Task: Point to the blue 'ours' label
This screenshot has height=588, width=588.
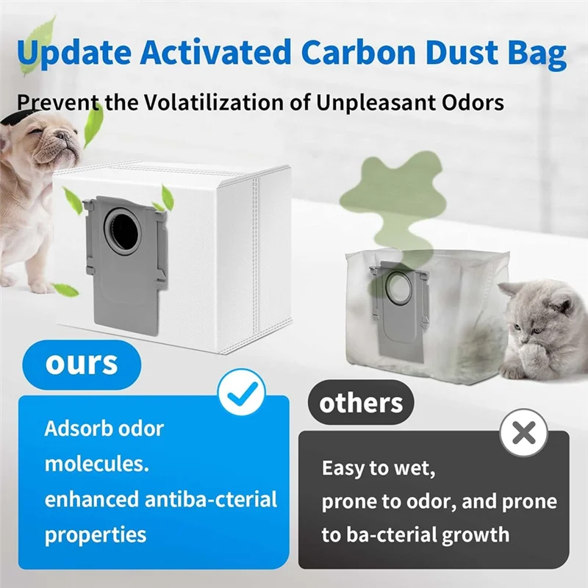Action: pos(81,362)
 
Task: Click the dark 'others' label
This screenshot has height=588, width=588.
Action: pos(361,403)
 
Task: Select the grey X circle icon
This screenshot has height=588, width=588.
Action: pos(523,434)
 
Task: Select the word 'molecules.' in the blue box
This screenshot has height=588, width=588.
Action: pos(87,464)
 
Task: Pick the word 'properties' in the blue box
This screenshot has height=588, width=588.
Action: pos(96,534)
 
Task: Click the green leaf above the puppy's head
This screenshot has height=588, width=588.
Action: pos(93,126)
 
